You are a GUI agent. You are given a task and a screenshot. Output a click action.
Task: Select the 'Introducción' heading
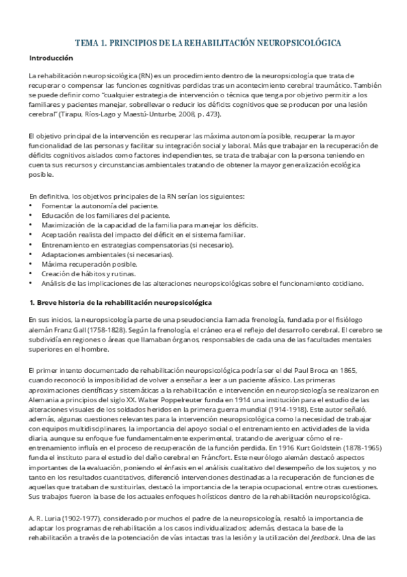(51, 59)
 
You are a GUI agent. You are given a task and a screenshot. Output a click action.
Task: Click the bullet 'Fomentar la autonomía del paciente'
(100, 205)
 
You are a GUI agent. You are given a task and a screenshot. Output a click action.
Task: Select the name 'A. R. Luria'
(45, 520)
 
